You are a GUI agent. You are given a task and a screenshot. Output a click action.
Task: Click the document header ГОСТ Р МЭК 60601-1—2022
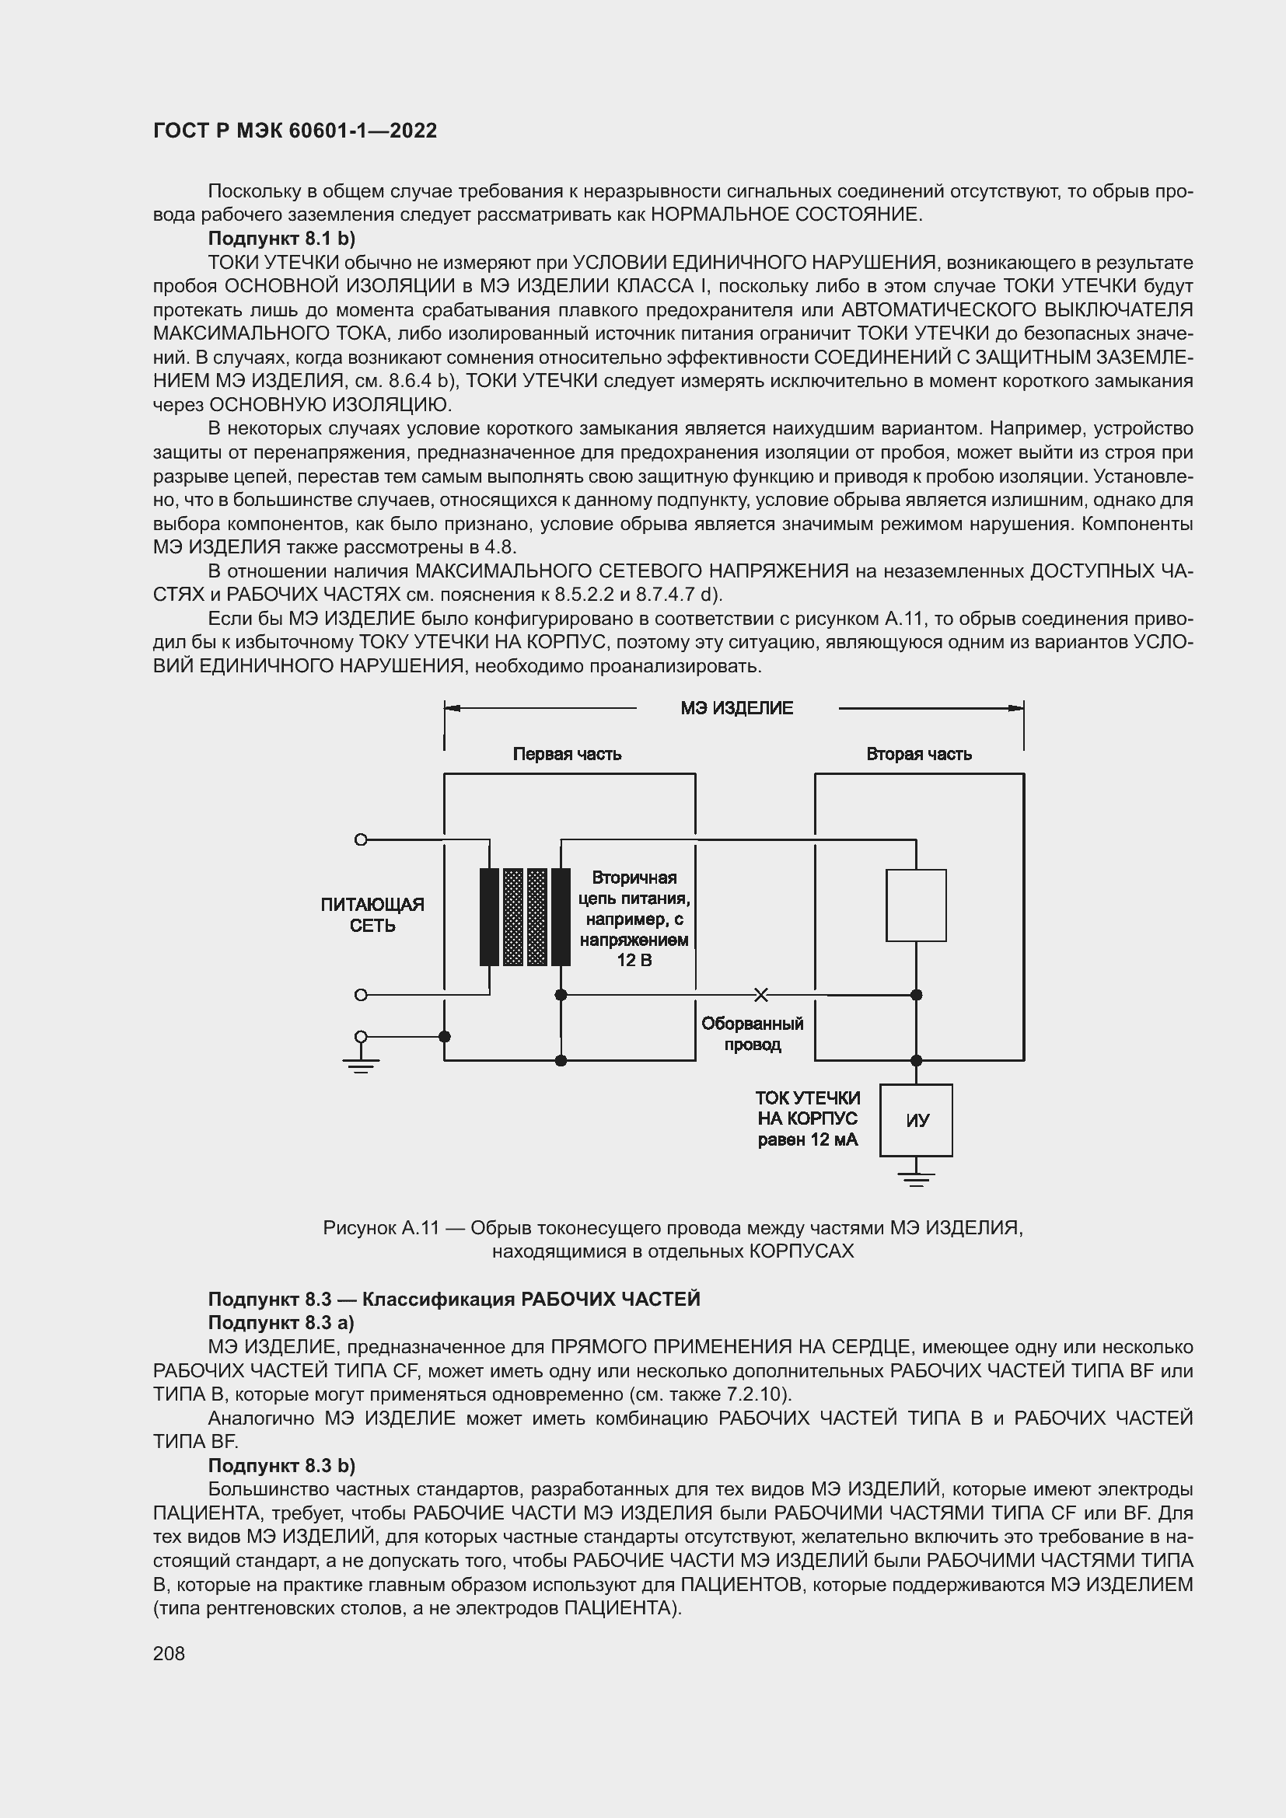coord(295,131)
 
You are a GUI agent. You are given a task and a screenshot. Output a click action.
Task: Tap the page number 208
coord(169,1653)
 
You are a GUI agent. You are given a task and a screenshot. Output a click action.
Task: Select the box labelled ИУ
coord(916,1121)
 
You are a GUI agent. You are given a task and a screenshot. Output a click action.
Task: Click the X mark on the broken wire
coord(760,995)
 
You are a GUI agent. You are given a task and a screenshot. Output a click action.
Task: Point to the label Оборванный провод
coord(753,1034)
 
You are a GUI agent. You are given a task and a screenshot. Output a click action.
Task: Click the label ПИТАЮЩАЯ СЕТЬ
coord(372,915)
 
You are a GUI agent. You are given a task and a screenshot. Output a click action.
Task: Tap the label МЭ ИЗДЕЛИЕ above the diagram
coord(736,708)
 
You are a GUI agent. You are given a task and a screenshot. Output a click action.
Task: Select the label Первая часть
coord(567,754)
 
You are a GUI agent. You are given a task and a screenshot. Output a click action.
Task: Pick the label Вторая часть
coord(918,754)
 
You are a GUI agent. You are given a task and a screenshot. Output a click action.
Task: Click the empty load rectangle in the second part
coord(916,905)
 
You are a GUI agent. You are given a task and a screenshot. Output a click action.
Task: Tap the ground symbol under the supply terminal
coord(361,1065)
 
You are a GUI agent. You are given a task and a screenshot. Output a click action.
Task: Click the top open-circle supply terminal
coord(361,839)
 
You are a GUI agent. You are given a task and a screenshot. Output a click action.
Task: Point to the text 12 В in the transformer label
coord(634,961)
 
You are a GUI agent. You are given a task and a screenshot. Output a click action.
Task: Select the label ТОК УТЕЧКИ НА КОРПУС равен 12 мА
coord(808,1118)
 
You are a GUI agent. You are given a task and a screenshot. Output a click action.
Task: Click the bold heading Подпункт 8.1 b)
coord(281,239)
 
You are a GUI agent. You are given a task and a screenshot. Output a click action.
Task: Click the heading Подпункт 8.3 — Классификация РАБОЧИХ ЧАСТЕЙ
coord(454,1300)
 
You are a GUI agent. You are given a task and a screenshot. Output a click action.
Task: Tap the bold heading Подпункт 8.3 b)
coord(281,1465)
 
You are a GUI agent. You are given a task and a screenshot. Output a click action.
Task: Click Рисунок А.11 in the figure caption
coord(381,1228)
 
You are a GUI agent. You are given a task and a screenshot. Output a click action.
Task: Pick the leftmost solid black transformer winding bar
coord(489,917)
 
